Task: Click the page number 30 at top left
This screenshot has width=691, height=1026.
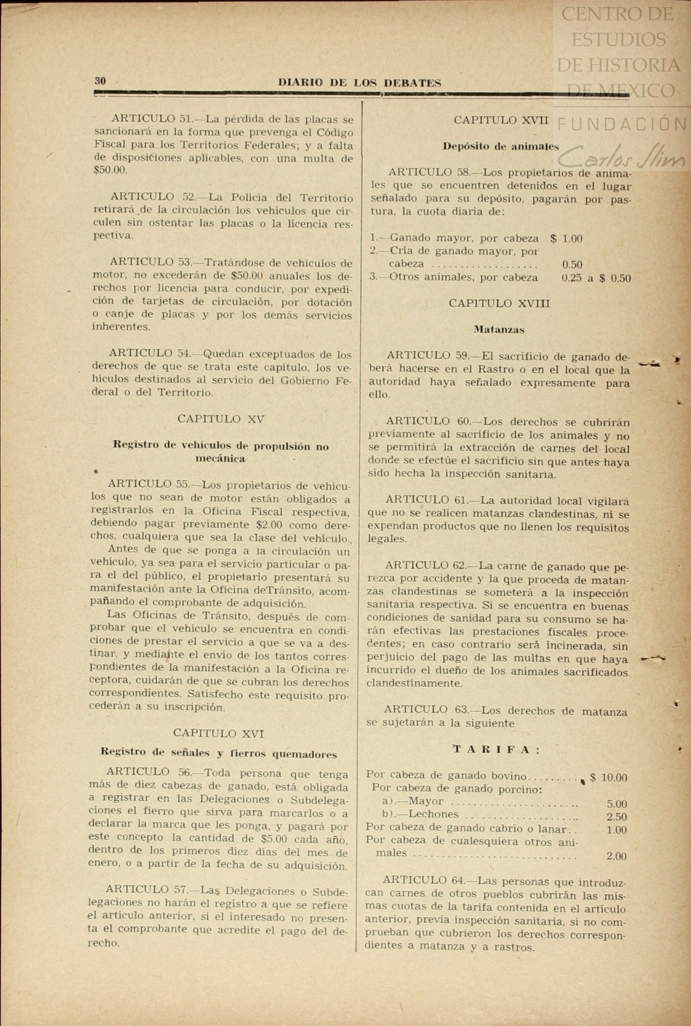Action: tap(100, 81)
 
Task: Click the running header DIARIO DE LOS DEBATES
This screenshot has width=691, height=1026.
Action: tap(360, 83)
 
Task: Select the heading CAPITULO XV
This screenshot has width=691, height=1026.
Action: tap(221, 419)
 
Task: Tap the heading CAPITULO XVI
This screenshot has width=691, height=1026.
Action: tap(218, 733)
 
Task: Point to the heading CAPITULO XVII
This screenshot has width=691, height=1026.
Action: tap(501, 120)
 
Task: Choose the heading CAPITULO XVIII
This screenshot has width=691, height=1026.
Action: tap(499, 304)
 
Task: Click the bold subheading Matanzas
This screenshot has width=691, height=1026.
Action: tap(499, 329)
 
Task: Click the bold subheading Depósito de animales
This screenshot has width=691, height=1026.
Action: tap(501, 146)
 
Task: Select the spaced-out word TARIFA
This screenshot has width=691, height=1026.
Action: tap(496, 750)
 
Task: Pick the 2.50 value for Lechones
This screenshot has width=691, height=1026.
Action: tap(617, 817)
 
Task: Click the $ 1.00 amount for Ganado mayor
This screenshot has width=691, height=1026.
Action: tap(566, 238)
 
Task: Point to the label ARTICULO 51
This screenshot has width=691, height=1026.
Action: tap(151, 118)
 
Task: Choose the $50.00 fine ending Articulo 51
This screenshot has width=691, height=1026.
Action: tap(111, 170)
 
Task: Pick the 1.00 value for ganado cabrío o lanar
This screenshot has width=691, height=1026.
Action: tap(617, 830)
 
